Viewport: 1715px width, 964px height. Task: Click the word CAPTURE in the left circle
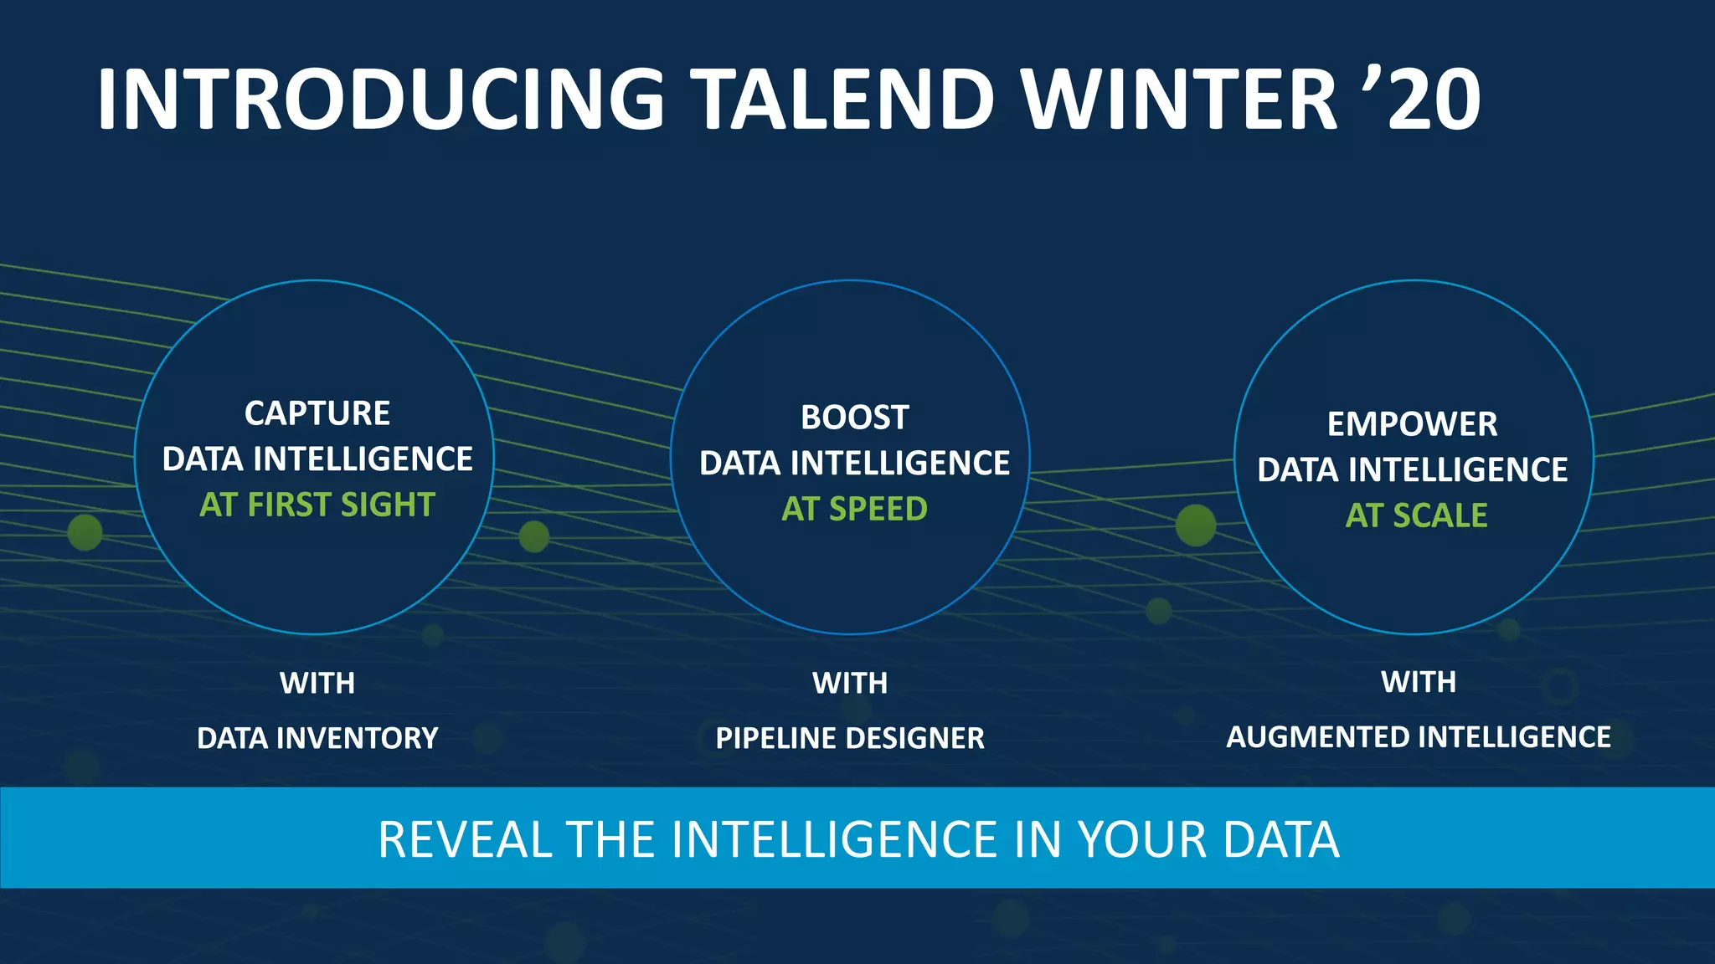pyautogui.click(x=317, y=413)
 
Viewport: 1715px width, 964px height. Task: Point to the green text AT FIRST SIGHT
pyautogui.click(x=317, y=505)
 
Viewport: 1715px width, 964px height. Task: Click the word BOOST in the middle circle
pyautogui.click(x=854, y=418)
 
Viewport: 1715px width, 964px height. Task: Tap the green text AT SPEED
pyautogui.click(x=854, y=509)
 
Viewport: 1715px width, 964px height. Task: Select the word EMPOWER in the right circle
pyautogui.click(x=1412, y=424)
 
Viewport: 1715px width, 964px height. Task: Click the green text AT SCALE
pyautogui.click(x=1416, y=515)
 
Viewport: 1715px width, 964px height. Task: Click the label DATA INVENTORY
pyautogui.click(x=317, y=738)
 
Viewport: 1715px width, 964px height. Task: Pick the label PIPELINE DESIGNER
pyautogui.click(x=850, y=738)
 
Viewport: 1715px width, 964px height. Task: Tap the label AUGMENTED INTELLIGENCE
pyautogui.click(x=1419, y=737)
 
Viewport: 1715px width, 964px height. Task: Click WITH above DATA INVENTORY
pyautogui.click(x=317, y=683)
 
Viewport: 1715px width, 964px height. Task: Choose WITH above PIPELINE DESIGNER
pyautogui.click(x=850, y=683)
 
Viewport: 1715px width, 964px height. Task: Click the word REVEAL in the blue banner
pyautogui.click(x=465, y=839)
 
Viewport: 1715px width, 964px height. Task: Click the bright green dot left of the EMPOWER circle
pyautogui.click(x=1195, y=526)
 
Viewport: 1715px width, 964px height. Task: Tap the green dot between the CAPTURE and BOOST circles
pyautogui.click(x=533, y=536)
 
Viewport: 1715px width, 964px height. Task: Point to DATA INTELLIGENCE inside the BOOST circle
pyautogui.click(x=854, y=463)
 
